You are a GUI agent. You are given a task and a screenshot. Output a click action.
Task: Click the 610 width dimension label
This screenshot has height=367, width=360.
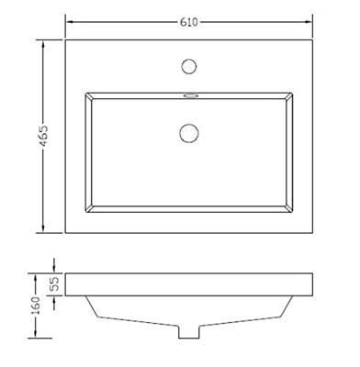[x=189, y=22]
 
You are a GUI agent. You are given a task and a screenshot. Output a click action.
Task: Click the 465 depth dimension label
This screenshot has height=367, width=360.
[x=44, y=136]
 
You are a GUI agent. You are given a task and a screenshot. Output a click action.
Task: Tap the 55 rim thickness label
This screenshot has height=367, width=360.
[x=53, y=284]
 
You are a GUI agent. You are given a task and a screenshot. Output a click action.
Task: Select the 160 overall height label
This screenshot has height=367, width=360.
[x=36, y=306]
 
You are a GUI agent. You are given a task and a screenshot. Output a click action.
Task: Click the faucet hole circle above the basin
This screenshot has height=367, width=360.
[x=188, y=66]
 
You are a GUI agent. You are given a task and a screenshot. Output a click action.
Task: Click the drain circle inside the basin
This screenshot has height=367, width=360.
[x=188, y=133]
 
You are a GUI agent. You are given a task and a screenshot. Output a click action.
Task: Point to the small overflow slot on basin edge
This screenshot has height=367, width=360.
[x=190, y=96]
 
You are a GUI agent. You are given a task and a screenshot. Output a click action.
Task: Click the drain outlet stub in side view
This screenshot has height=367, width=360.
[x=189, y=332]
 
